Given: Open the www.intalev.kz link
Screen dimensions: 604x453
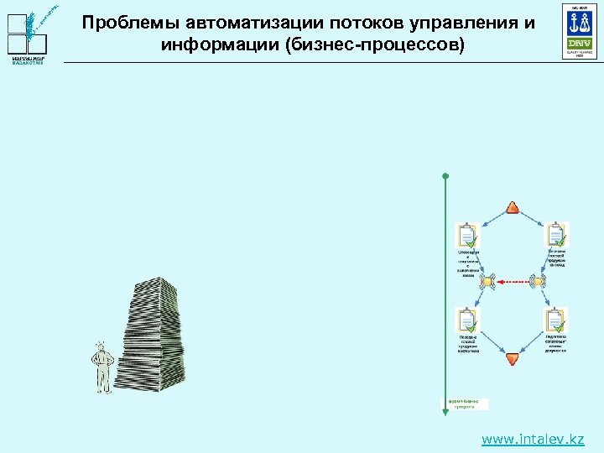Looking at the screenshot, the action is click(x=533, y=439).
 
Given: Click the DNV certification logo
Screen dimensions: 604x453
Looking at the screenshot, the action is click(x=580, y=31).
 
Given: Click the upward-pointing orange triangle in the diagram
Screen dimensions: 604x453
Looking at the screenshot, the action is click(x=513, y=208).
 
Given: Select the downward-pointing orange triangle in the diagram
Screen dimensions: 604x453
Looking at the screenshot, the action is click(x=513, y=358).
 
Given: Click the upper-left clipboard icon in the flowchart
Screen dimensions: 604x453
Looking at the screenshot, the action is click(x=467, y=235).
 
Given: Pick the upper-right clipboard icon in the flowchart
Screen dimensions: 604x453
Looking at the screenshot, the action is click(x=556, y=235).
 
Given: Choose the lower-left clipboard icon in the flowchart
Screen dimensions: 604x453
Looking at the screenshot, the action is click(x=467, y=320).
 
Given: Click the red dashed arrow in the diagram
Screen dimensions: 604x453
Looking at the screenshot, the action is click(x=513, y=283).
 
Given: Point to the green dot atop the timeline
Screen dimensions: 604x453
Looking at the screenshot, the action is click(x=445, y=176).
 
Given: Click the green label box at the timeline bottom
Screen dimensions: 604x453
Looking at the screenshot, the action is click(x=464, y=404).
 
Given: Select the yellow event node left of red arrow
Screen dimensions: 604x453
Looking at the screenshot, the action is click(x=487, y=283).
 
